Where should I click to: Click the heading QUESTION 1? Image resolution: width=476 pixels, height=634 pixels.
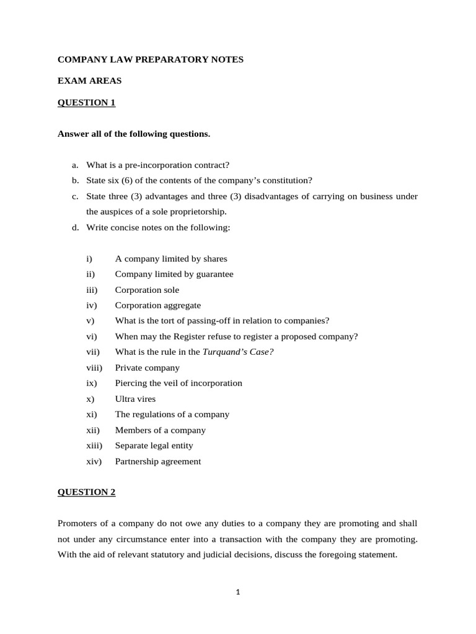(86, 103)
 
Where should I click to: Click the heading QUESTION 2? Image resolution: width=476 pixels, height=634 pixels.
(86, 492)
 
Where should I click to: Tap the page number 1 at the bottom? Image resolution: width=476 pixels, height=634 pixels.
(238, 592)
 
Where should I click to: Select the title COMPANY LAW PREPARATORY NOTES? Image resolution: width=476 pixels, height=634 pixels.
(151, 59)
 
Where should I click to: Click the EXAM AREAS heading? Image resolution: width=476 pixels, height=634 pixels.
(90, 81)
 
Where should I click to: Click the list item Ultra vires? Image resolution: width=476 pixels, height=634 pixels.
(135, 399)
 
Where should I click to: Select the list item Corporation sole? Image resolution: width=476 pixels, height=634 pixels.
(147, 290)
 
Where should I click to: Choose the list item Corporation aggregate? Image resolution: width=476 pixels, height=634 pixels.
(157, 305)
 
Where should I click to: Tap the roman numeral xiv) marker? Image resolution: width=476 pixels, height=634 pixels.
(94, 461)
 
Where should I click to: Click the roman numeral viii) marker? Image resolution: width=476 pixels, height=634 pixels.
(94, 368)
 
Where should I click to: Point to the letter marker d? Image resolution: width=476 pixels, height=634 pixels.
(75, 227)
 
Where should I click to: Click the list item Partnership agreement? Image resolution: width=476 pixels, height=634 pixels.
(157, 461)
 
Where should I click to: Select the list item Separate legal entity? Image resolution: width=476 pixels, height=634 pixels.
(154, 446)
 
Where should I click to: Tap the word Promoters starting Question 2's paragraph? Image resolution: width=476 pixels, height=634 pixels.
(77, 524)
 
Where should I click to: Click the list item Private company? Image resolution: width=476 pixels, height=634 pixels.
(147, 368)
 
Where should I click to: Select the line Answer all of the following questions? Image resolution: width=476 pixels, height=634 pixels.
(134, 134)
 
